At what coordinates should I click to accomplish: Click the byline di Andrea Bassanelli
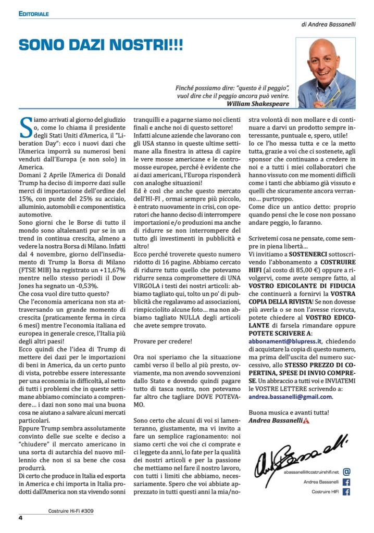328,24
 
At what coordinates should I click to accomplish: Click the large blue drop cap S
25,125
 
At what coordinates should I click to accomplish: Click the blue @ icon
347,472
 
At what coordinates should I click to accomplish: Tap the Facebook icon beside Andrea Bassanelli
347,481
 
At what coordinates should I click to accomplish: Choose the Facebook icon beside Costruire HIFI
347,492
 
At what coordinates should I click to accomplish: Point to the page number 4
20,517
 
